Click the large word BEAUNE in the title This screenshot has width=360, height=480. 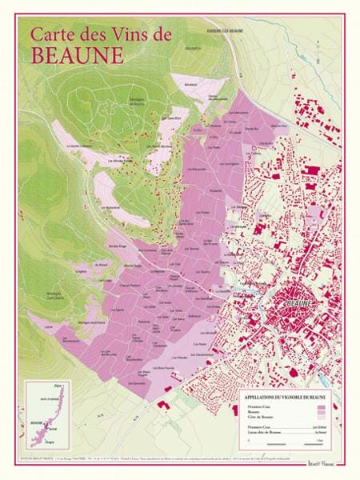coord(78,55)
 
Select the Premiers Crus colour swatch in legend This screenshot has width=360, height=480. coord(322,407)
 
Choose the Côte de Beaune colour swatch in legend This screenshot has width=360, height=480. coord(322,417)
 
